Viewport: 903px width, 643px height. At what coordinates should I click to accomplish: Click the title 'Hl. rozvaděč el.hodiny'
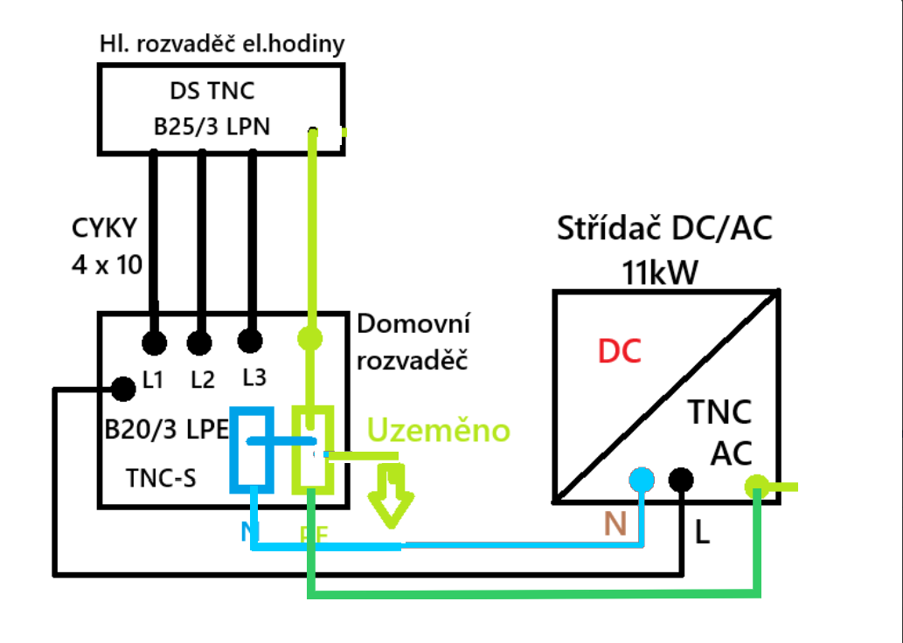pos(222,43)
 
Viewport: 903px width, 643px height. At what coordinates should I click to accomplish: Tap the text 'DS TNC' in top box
pos(212,91)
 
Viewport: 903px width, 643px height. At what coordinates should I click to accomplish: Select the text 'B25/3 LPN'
pos(212,127)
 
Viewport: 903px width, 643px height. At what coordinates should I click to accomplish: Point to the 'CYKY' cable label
pos(105,229)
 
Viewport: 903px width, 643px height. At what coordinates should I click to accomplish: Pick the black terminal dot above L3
pos(252,341)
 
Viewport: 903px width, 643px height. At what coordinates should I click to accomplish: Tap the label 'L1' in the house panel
pos(153,381)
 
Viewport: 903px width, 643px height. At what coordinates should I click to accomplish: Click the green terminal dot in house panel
pos(310,336)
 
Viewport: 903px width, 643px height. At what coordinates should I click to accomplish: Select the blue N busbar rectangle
pos(251,447)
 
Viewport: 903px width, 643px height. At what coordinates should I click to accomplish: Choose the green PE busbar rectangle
pos(312,447)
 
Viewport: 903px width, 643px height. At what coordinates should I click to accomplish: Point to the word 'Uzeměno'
pos(438,430)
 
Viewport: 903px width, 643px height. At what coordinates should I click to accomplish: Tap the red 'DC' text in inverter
pos(620,352)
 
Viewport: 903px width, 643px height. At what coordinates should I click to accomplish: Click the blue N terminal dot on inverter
pos(642,480)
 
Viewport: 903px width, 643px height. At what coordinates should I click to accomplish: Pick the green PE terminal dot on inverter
pos(756,486)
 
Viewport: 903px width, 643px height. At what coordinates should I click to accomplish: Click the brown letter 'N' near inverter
pos(616,523)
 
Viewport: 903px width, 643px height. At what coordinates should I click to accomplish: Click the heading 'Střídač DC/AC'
pos(665,230)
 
